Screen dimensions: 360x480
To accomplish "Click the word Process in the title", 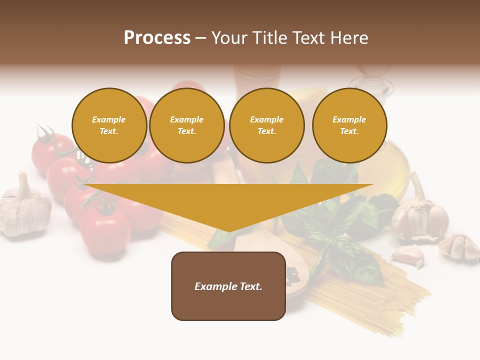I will (x=157, y=38).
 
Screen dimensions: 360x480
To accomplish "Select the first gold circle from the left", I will (x=109, y=125).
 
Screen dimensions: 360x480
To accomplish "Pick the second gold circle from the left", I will (x=186, y=125).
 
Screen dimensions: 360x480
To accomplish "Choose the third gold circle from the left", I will (x=266, y=125).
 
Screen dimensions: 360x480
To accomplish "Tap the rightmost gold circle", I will (x=349, y=125).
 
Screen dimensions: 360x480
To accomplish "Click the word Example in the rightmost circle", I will (x=349, y=119).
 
